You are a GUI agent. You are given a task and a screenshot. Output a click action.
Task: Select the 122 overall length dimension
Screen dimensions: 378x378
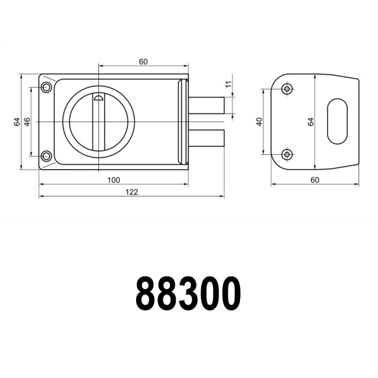coord(131,192)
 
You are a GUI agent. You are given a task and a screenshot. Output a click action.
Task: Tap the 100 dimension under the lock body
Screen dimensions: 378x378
coord(113,180)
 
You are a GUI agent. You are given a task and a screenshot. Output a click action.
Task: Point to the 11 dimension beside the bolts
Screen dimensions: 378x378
coord(229,84)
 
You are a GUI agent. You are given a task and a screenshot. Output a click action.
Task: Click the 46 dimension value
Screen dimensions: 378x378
coord(27,122)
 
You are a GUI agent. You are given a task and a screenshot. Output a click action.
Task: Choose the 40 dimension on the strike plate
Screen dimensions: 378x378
coord(259,122)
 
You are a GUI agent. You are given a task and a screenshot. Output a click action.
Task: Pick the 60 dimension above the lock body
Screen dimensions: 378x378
coord(143,61)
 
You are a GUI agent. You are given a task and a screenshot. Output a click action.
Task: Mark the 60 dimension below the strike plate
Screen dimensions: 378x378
coord(315,180)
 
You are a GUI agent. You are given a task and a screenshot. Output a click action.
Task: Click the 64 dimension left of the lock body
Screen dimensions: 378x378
coord(17,122)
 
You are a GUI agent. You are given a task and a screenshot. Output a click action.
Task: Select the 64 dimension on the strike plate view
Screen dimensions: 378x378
coord(311,122)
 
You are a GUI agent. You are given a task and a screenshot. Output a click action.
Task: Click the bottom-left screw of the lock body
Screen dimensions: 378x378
coord(46,156)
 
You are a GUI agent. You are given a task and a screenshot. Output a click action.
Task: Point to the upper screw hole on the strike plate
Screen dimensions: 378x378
coord(287,89)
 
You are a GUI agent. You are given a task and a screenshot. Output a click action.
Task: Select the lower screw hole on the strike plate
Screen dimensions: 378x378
coord(287,154)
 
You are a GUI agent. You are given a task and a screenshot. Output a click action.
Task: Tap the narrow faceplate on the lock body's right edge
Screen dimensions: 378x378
coord(184,122)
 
